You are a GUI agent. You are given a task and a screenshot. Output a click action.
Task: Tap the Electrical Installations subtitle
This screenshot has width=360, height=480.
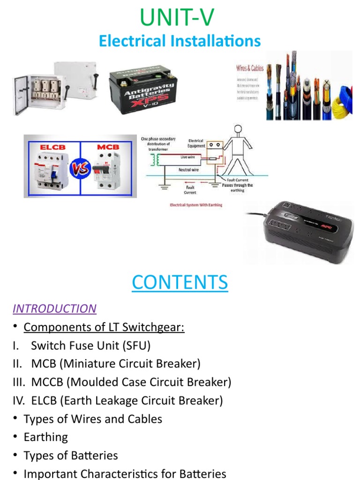click(180, 41)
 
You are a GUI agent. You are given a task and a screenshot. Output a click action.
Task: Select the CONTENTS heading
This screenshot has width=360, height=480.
click(180, 282)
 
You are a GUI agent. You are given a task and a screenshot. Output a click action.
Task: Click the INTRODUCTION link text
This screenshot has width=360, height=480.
click(54, 308)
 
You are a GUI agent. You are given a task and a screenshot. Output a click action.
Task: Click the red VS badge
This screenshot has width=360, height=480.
click(80, 167)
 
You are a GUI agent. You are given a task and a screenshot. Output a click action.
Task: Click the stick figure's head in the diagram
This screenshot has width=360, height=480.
click(238, 130)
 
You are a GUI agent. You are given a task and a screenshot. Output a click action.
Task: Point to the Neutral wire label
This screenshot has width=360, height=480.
click(188, 170)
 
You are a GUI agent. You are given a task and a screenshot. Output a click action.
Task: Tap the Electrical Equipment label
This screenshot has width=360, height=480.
click(195, 143)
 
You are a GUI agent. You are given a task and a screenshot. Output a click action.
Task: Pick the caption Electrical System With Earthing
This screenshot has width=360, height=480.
click(196, 205)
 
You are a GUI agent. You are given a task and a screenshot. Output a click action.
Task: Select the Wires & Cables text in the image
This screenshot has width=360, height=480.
click(249, 68)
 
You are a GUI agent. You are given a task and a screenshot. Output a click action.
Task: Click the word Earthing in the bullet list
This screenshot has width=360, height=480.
click(46, 437)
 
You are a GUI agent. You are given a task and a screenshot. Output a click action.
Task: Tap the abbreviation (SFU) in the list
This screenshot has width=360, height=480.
click(135, 345)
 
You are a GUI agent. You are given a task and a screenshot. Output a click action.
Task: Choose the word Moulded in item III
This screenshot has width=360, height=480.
click(90, 382)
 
